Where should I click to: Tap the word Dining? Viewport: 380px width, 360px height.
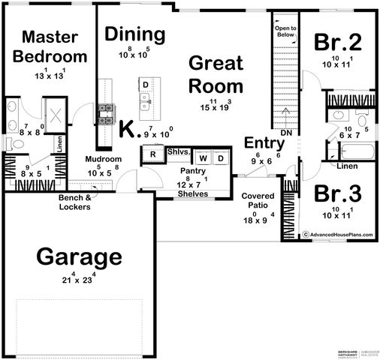click(134, 34)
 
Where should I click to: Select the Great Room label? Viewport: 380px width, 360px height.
click(216, 73)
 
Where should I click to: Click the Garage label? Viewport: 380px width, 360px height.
click(79, 257)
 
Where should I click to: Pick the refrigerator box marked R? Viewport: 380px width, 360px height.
click(152, 154)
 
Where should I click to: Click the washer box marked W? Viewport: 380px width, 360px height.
click(203, 159)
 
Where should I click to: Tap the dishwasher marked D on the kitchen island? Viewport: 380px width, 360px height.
click(146, 85)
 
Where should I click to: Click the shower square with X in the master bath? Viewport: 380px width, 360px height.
click(56, 118)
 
